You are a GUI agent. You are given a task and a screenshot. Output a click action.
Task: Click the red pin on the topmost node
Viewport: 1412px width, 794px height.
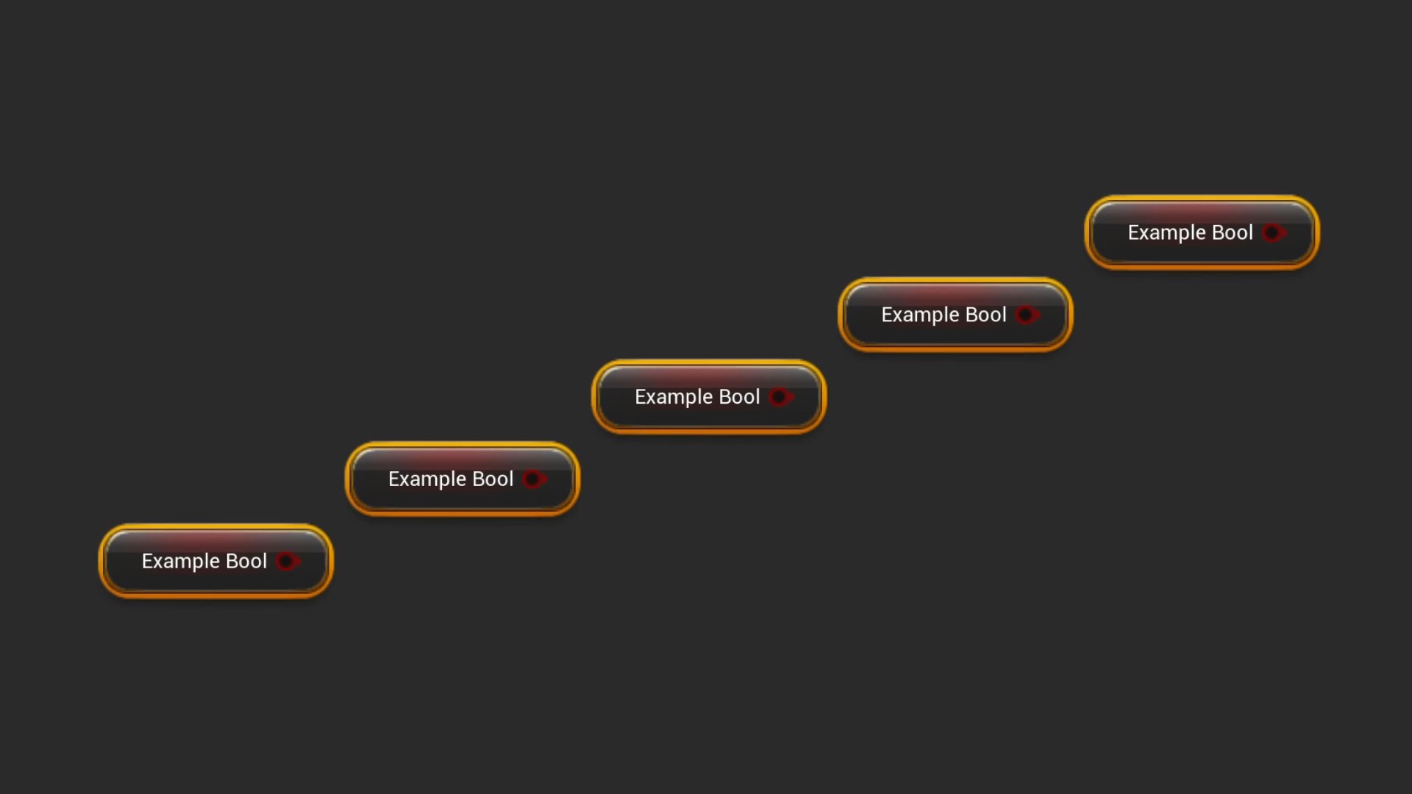point(1274,233)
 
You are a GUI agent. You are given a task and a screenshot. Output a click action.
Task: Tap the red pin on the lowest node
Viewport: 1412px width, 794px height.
point(288,562)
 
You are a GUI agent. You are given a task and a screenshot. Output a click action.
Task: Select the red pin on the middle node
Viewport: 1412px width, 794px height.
point(780,397)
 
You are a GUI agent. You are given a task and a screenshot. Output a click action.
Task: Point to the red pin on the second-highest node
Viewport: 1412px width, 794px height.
point(1027,315)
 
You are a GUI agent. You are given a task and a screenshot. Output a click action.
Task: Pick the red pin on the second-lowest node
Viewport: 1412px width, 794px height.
point(534,479)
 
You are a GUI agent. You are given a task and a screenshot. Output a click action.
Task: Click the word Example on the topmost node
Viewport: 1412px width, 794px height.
point(1167,233)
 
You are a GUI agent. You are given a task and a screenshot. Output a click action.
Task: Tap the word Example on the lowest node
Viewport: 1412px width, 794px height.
point(181,562)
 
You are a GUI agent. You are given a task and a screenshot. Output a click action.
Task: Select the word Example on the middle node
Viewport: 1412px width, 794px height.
point(674,397)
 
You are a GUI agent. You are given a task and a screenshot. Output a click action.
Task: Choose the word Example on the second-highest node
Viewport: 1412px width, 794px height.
point(920,315)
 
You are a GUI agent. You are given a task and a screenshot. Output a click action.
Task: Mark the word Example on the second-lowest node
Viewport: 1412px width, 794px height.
point(427,479)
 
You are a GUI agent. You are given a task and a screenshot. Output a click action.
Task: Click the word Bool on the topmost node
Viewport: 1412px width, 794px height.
point(1232,232)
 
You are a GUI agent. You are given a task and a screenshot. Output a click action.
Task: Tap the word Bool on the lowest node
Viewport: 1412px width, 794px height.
point(246,561)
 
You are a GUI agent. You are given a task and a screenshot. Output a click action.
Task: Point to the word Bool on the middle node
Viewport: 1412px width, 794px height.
point(739,396)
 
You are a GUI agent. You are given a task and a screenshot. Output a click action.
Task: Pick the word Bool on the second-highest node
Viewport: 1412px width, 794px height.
point(985,315)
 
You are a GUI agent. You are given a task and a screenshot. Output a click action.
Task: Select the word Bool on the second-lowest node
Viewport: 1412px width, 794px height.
point(493,479)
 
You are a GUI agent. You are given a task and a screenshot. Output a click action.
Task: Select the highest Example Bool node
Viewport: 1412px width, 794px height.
point(1202,232)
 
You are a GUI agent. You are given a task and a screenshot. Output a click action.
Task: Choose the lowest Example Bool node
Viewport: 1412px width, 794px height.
point(215,561)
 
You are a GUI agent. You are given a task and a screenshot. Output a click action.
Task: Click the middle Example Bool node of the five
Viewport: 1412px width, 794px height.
point(709,396)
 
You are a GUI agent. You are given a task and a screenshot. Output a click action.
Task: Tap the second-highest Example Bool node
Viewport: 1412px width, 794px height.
point(955,315)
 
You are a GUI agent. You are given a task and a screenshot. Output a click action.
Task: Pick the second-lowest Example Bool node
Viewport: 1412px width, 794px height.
point(462,479)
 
